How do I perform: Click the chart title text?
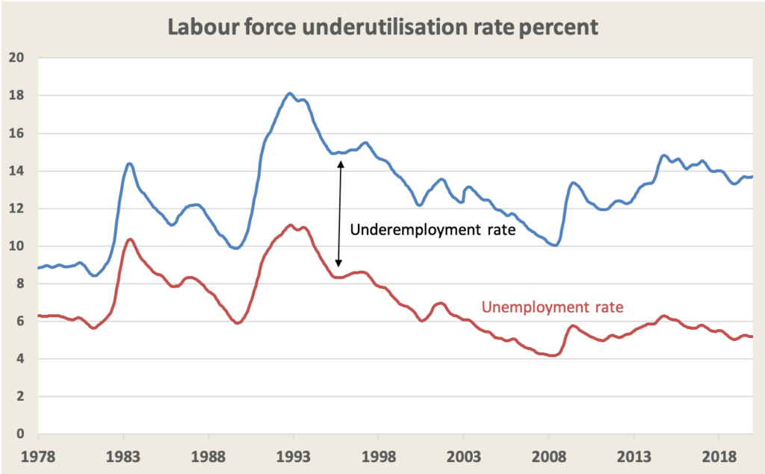(x=382, y=27)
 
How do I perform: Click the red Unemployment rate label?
(x=552, y=307)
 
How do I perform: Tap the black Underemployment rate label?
(x=433, y=230)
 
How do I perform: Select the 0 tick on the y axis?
(x=22, y=434)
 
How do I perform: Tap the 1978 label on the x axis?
(x=38, y=456)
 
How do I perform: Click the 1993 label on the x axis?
(x=293, y=456)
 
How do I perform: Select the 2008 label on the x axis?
(x=548, y=456)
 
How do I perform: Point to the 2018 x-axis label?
(x=719, y=456)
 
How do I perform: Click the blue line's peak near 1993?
(x=290, y=93)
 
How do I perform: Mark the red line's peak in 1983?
(x=130, y=239)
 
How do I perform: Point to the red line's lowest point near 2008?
(x=552, y=356)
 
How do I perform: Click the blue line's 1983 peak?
(x=129, y=163)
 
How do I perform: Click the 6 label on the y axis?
(x=22, y=321)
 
